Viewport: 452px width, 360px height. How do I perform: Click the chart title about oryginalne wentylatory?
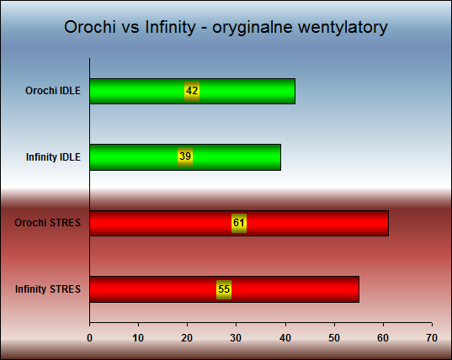click(226, 28)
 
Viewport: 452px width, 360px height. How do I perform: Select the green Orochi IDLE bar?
click(192, 91)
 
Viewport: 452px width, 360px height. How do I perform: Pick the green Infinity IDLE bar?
click(185, 157)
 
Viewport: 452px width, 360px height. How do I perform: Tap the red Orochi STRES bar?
click(239, 223)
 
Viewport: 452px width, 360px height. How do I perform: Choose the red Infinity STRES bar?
click(224, 289)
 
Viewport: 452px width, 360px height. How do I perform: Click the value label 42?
click(192, 91)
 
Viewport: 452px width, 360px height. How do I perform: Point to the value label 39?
click(185, 156)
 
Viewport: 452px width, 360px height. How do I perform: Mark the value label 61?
click(239, 223)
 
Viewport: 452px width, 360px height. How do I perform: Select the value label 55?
click(224, 289)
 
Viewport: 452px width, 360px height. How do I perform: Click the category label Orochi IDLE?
click(53, 91)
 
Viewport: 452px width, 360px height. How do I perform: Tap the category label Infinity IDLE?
click(53, 157)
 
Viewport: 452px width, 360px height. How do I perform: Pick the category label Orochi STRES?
click(48, 223)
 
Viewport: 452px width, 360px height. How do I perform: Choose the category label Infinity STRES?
click(48, 289)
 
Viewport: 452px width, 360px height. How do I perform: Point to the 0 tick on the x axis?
click(90, 338)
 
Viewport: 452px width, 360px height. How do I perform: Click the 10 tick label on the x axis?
click(138, 338)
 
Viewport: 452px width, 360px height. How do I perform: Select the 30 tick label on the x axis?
click(236, 338)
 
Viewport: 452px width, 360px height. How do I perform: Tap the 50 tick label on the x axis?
click(334, 338)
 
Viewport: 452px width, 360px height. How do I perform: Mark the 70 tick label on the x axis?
click(432, 338)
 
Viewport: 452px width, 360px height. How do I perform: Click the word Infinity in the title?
click(170, 28)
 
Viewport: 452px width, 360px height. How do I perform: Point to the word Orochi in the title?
click(90, 27)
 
